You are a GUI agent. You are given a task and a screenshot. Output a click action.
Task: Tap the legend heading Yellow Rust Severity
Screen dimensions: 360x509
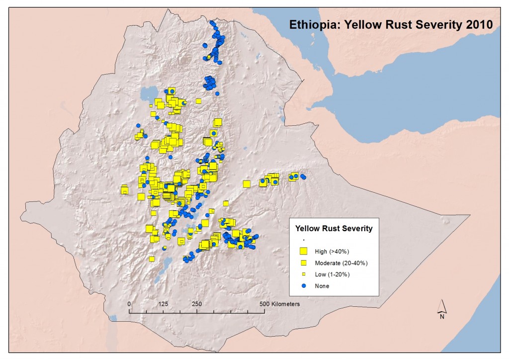coord(334,229)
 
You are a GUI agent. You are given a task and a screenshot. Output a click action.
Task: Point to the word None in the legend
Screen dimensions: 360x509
coord(322,286)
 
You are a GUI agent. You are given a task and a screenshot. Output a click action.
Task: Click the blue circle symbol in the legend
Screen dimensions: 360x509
coord(303,286)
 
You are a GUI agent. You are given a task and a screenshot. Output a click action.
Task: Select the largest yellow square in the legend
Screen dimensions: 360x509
coord(303,251)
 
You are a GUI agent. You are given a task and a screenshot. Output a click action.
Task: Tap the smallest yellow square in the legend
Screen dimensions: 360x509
coord(303,274)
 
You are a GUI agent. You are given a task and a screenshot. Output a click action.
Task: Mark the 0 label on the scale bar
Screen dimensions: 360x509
coord(129,303)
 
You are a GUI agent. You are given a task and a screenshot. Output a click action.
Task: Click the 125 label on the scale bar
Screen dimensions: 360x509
coord(164,303)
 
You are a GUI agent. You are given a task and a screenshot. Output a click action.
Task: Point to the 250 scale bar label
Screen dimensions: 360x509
coord(197,303)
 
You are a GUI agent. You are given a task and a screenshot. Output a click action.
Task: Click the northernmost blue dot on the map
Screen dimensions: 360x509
coord(212,23)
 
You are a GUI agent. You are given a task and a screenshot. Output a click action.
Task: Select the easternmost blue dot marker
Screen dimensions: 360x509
coord(304,177)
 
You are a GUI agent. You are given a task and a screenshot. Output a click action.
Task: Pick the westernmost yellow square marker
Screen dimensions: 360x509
coord(124,189)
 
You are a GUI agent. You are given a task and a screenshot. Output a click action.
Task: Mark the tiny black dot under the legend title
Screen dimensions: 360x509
coord(303,240)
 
